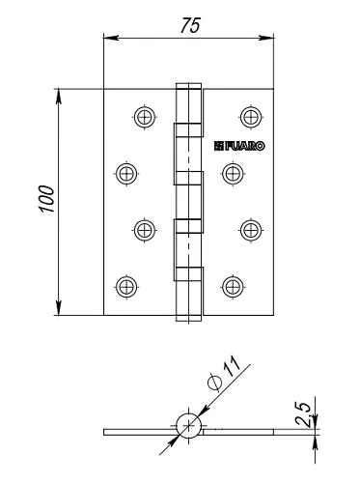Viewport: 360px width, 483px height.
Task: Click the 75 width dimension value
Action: [x=190, y=25]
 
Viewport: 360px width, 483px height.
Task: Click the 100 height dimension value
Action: [x=46, y=199]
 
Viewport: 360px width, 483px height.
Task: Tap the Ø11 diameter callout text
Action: [x=224, y=374]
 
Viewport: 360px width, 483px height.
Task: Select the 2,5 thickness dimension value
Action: [x=303, y=414]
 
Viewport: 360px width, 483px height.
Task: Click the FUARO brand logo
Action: [x=239, y=146]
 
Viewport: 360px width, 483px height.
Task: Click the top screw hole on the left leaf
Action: [x=145, y=117]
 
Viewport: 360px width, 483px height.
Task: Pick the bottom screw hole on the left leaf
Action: [x=126, y=287]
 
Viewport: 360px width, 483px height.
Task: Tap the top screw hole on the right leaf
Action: [x=251, y=117]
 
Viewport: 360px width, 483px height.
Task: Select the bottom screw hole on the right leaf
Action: [x=233, y=287]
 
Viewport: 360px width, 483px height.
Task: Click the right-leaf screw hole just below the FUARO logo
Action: [x=233, y=174]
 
